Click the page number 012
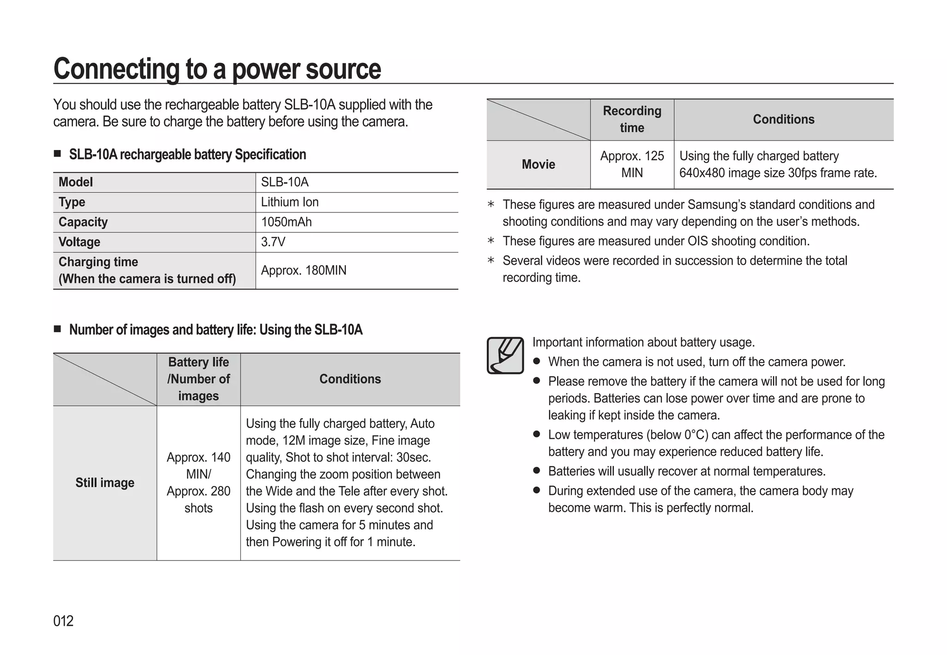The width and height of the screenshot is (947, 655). tap(63, 621)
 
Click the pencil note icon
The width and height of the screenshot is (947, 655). tap(505, 356)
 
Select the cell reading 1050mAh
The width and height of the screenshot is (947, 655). tap(286, 222)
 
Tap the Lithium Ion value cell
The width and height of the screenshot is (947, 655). tap(289, 202)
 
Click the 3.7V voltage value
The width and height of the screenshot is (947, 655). tap(273, 242)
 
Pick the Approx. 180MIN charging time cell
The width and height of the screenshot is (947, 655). tap(303, 270)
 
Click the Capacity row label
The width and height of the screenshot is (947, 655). tap(83, 222)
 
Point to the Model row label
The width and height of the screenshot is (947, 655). tap(76, 182)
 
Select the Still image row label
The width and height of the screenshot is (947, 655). tap(105, 483)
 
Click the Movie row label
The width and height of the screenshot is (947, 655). tap(538, 164)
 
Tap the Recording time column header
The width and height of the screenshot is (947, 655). tap(632, 119)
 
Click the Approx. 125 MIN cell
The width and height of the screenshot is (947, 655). tap(632, 164)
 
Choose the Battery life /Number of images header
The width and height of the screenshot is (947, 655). tap(198, 379)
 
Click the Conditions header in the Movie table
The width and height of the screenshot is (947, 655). tap(783, 119)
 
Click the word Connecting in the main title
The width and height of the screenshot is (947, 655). tap(116, 69)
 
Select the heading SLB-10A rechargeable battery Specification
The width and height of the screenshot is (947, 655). tap(187, 155)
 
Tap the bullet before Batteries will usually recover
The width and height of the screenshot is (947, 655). tap(536, 471)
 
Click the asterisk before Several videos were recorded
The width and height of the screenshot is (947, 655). tap(491, 261)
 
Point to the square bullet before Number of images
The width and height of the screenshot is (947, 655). tap(57, 329)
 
